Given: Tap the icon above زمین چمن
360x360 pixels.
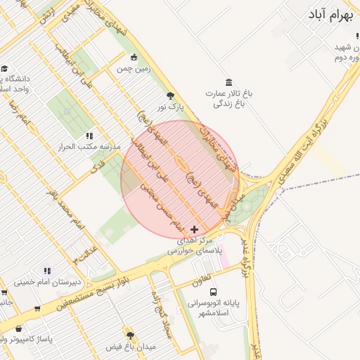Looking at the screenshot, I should point(134,57).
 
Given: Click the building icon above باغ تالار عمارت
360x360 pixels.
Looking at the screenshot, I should point(229,82).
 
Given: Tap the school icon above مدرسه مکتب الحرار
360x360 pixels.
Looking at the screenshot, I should point(89,135).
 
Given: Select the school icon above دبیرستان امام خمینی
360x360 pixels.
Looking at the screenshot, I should point(48,271).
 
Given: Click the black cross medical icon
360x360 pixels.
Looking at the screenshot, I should point(195,229).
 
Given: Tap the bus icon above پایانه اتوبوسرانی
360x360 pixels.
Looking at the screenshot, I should point(214,292).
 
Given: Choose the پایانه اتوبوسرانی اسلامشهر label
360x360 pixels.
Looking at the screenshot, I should point(214,307).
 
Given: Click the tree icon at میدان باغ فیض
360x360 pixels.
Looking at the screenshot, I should point(129,335).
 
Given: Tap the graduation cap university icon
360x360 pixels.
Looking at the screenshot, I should point(5,69).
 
